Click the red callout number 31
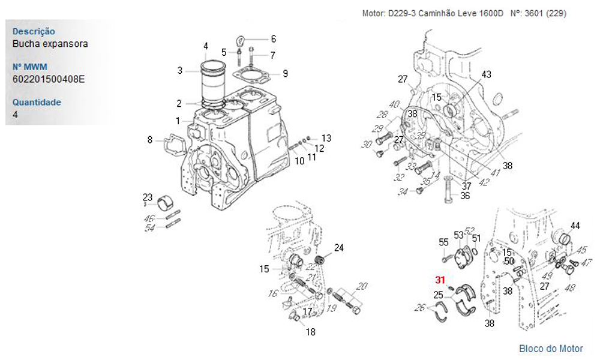pyautogui.click(x=440, y=280)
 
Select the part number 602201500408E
pyautogui.click(x=49, y=79)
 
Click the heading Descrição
pyautogui.click(x=34, y=31)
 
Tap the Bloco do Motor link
pyautogui.click(x=550, y=349)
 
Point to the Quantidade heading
pyautogui.click(x=37, y=102)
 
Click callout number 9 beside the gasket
pyautogui.click(x=286, y=74)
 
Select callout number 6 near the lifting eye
pyautogui.click(x=273, y=39)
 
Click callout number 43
pyautogui.click(x=486, y=74)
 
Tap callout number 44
pyautogui.click(x=575, y=226)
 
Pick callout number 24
pyautogui.click(x=339, y=248)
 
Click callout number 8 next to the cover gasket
pyautogui.click(x=150, y=140)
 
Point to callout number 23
pyautogui.click(x=148, y=196)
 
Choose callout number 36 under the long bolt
pyautogui.click(x=465, y=196)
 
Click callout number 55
pyautogui.click(x=443, y=242)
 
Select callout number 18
pyautogui.click(x=310, y=332)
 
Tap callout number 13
pyautogui.click(x=326, y=137)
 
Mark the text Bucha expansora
pyautogui.click(x=50, y=44)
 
